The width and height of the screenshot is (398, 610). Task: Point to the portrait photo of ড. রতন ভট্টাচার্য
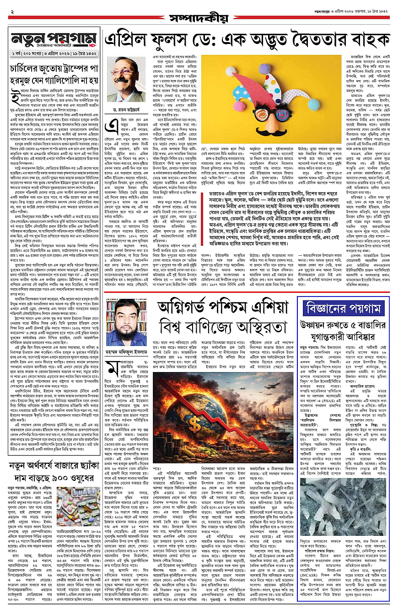(x=124, y=79)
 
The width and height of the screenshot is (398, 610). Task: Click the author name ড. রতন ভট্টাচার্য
(x=124, y=110)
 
